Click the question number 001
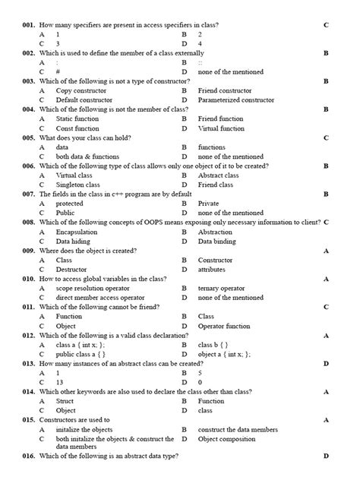point(29,25)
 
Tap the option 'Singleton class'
point(77,185)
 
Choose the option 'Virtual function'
point(221,128)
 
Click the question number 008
point(29,223)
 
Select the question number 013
point(29,364)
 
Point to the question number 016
point(29,456)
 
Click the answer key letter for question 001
point(326,25)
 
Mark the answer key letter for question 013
point(326,364)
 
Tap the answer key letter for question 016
point(326,456)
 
